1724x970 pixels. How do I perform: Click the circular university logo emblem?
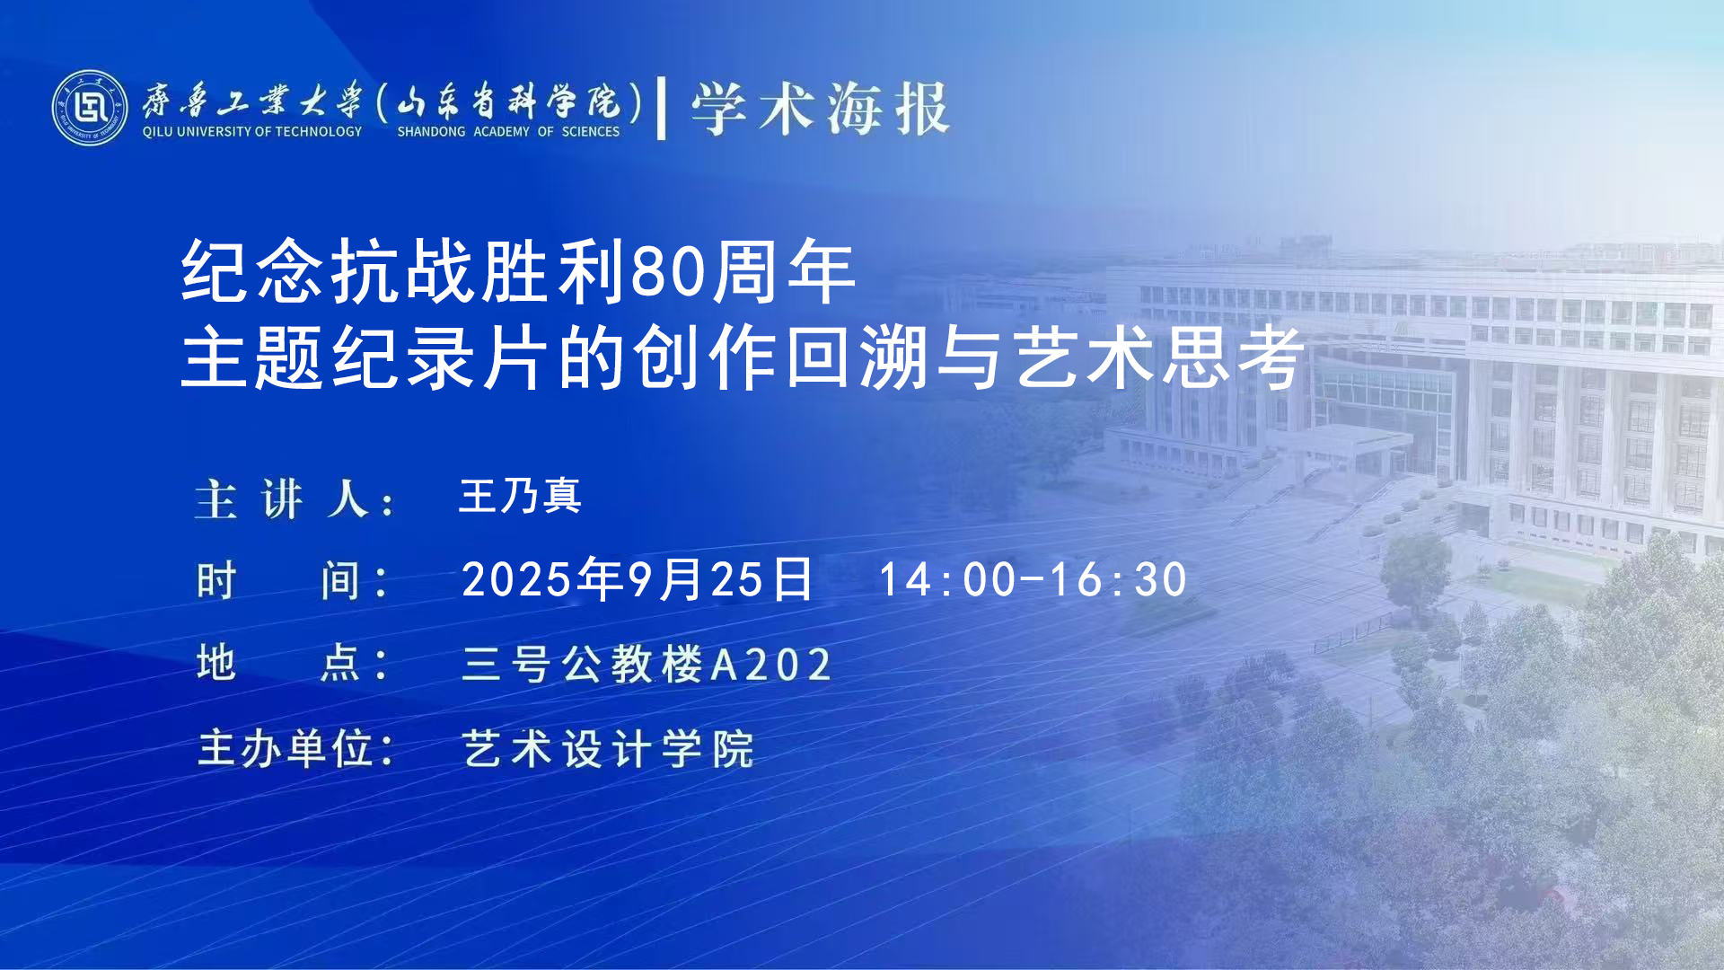tap(90, 108)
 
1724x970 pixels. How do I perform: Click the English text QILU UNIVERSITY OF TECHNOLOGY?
tap(252, 132)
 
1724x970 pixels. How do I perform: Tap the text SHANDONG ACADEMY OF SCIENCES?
tap(508, 132)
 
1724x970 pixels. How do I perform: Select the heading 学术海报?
tap(820, 109)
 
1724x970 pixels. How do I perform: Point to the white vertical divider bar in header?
tap(662, 109)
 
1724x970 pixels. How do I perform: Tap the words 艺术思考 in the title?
tap(1158, 358)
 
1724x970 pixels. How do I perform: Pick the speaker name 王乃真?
tap(520, 496)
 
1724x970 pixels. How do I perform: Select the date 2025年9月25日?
tap(638, 579)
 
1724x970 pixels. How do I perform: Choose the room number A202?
tap(771, 666)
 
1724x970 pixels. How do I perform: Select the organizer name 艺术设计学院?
tap(608, 749)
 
